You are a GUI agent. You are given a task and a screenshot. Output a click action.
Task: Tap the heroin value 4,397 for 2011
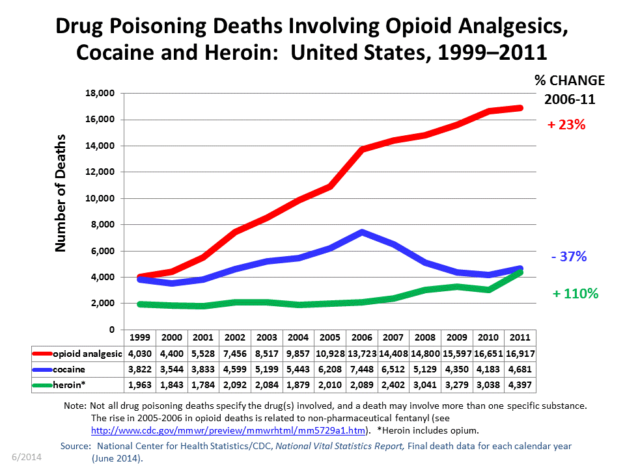pos(520,386)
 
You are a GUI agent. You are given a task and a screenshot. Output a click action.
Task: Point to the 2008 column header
pos(424,338)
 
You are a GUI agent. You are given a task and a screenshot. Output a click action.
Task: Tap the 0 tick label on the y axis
pos(112,330)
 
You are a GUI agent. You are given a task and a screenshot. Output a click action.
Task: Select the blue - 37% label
pos(568,257)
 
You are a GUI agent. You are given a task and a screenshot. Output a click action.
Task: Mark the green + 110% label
pos(575,294)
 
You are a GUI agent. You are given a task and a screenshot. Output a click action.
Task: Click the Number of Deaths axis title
pos(61,193)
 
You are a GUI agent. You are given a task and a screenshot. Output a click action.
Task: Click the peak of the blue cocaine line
pos(361,232)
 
